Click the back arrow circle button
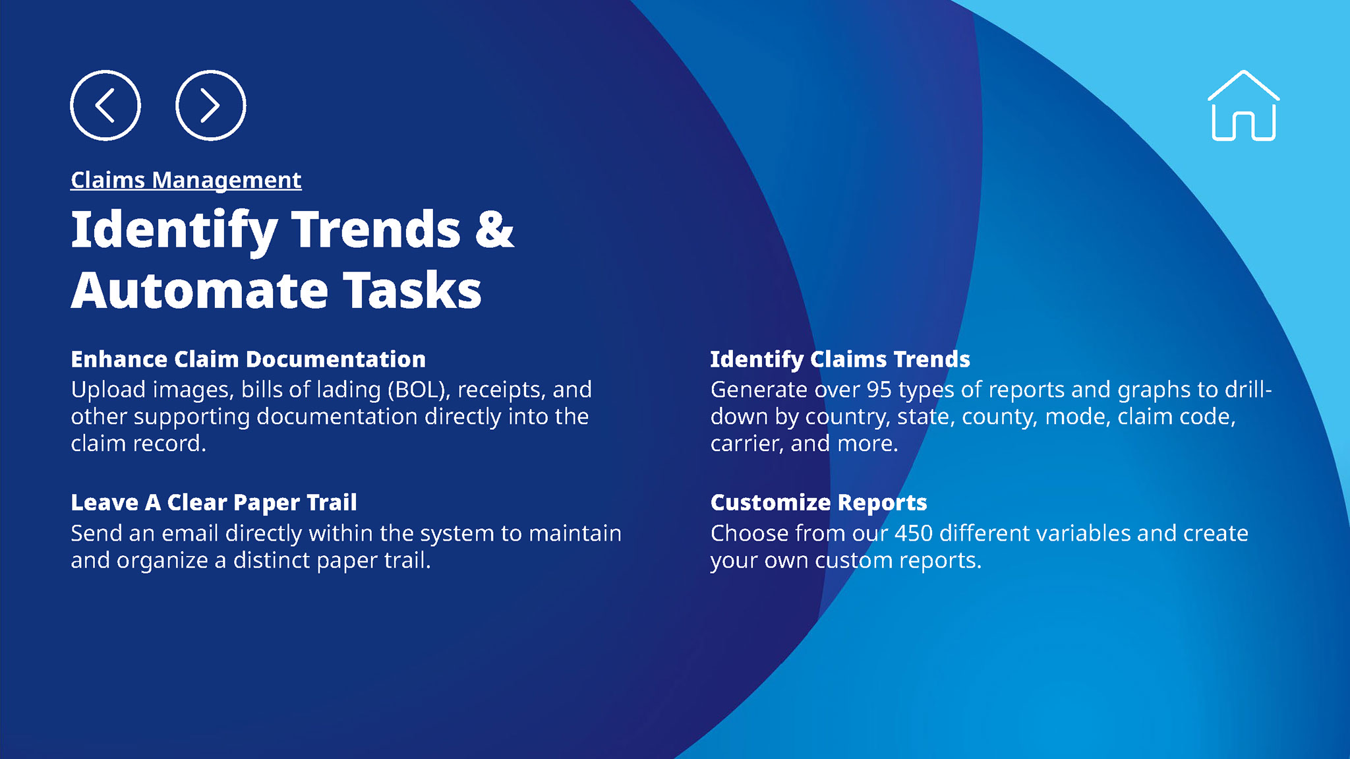pyautogui.click(x=105, y=105)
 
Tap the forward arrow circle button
pyautogui.click(x=211, y=105)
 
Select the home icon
pyautogui.click(x=1243, y=106)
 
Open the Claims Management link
pyautogui.click(x=186, y=180)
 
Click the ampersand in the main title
pyautogui.click(x=494, y=229)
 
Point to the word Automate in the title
pyautogui.click(x=200, y=290)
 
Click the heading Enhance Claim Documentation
pyautogui.click(x=248, y=359)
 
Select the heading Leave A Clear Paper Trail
pyautogui.click(x=214, y=502)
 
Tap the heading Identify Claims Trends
pyautogui.click(x=840, y=359)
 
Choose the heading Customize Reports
pyautogui.click(x=819, y=502)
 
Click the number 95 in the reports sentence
pyautogui.click(x=879, y=390)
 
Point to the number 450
pyautogui.click(x=913, y=533)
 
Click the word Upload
pyautogui.click(x=108, y=390)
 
